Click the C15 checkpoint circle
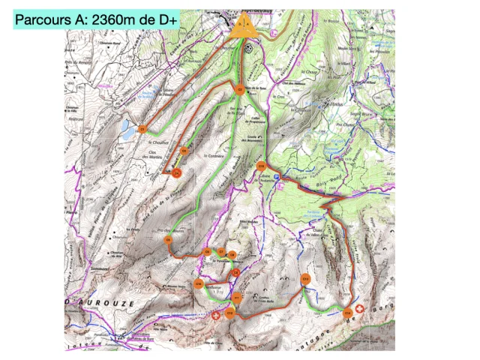click(x=262, y=166)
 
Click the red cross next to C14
click(x=359, y=308)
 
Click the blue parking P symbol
click(x=277, y=178)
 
